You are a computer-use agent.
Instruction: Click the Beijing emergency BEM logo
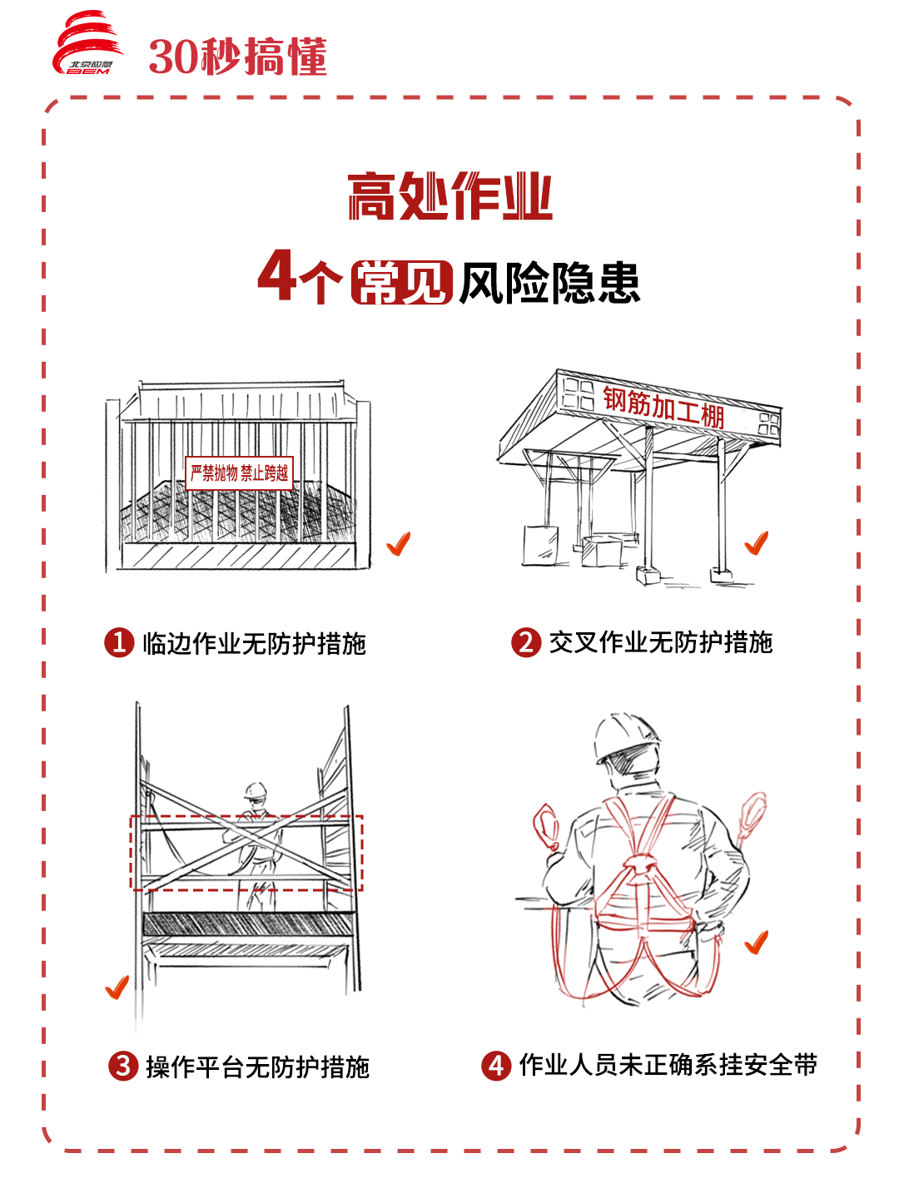87,42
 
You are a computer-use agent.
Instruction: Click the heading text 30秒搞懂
237,57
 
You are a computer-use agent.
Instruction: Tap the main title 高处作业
450,196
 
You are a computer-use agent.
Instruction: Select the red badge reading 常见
402,282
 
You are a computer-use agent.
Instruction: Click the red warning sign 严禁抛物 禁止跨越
239,473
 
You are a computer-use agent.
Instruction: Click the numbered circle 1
119,642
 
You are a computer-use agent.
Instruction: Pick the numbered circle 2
526,642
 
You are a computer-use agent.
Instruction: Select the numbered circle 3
123,1066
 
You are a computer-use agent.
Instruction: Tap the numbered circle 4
496,1066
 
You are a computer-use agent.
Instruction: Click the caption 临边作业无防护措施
255,643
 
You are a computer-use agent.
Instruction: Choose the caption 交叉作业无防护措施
661,642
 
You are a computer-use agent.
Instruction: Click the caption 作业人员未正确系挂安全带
668,1065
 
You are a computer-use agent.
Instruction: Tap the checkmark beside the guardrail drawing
399,544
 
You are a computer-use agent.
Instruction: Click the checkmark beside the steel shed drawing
757,543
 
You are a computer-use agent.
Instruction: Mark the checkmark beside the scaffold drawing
117,988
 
